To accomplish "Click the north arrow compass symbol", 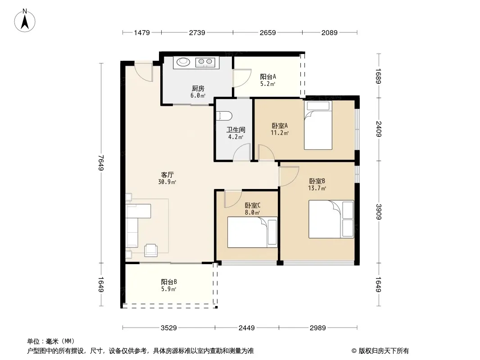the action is (x=25, y=20).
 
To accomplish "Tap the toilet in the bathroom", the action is (x=224, y=116).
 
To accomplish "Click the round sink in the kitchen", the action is (x=183, y=62).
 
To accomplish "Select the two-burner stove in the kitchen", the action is (x=205, y=62).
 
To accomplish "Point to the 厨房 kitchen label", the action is (x=198, y=89).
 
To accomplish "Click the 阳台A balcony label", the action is (x=268, y=77).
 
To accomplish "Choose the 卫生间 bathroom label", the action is (x=235, y=130).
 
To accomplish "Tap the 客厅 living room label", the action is (x=167, y=175).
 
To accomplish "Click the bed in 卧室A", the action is (x=318, y=125).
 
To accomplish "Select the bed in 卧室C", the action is (x=252, y=232).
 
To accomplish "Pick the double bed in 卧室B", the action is (x=331, y=219).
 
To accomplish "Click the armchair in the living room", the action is (x=151, y=250).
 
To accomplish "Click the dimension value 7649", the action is (x=101, y=163).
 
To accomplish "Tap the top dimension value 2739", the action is (x=197, y=32).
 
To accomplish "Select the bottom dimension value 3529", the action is (x=169, y=328).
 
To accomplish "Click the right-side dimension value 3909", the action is (x=379, y=211).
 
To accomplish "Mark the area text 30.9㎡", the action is (x=167, y=182).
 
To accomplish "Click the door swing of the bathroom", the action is (x=242, y=152).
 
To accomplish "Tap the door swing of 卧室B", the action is (x=289, y=176).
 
